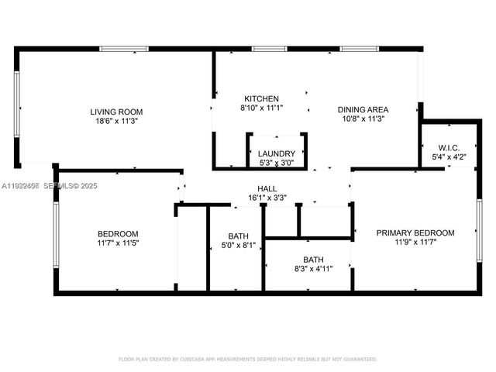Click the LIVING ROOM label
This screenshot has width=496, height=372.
pyautogui.click(x=116, y=112)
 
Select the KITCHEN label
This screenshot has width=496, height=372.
pyautogui.click(x=261, y=99)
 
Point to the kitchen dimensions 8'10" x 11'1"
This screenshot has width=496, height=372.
pyautogui.click(x=261, y=108)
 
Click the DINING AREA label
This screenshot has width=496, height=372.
pyautogui.click(x=363, y=109)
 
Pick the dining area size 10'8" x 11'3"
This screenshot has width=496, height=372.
pyautogui.click(x=363, y=119)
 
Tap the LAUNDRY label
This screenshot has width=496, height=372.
pyautogui.click(x=277, y=153)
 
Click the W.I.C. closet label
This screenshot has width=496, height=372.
pyautogui.click(x=449, y=148)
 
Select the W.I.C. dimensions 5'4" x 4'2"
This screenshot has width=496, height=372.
pyautogui.click(x=449, y=157)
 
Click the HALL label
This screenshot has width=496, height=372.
pyautogui.click(x=267, y=188)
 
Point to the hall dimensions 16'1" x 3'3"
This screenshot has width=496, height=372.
pyautogui.click(x=267, y=198)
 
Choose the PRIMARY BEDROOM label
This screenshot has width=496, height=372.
pyautogui.click(x=415, y=232)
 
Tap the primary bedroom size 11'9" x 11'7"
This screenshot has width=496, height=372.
pyautogui.click(x=415, y=242)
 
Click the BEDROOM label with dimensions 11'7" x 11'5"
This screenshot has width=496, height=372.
pyautogui.click(x=118, y=234)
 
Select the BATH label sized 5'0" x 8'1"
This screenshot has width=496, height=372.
pyautogui.click(x=238, y=236)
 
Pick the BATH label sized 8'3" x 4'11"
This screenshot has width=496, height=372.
pyautogui.click(x=313, y=260)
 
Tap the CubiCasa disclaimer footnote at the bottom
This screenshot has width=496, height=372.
pyautogui.click(x=247, y=359)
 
